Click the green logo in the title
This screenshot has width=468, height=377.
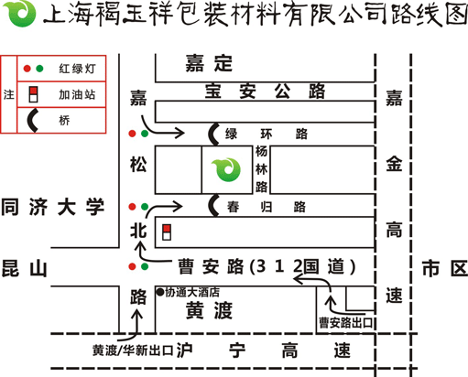(x=19, y=14)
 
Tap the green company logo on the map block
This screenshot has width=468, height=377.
(x=226, y=169)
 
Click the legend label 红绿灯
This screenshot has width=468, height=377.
(x=77, y=69)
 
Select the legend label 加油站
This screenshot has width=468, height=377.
(x=77, y=94)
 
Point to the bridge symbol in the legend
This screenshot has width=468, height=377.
(x=31, y=121)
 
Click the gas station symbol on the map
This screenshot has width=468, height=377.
(x=167, y=232)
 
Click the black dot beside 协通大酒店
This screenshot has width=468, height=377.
(x=160, y=292)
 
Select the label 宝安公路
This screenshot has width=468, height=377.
(x=265, y=91)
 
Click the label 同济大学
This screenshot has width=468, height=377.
(x=53, y=207)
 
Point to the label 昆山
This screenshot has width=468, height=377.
(x=25, y=268)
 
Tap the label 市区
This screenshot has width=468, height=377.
(x=444, y=268)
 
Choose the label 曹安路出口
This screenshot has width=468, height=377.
(x=346, y=323)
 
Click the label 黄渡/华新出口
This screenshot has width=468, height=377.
(x=133, y=350)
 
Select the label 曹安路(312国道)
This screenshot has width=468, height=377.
(x=267, y=266)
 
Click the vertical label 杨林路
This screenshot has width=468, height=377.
(x=262, y=169)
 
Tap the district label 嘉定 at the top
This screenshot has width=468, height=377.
(x=209, y=63)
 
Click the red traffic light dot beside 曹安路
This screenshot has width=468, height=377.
(x=132, y=266)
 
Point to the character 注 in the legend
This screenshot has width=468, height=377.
(x=9, y=94)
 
